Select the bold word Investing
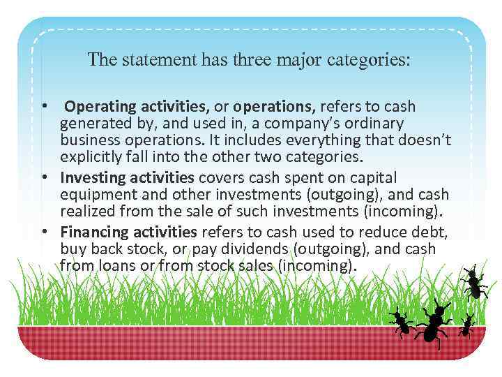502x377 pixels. tap(91, 177)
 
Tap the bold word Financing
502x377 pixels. tap(93, 232)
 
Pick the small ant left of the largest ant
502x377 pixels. tap(401, 323)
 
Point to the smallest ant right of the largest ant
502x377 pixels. tap(467, 325)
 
